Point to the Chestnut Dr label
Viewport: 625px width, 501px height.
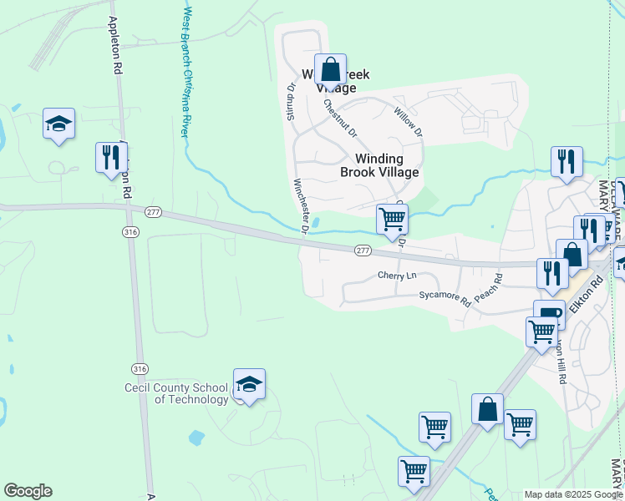(x=340, y=118)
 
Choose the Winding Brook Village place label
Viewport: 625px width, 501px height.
(x=379, y=165)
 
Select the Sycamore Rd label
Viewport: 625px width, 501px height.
(x=445, y=296)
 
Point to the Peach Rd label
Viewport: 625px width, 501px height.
(x=489, y=288)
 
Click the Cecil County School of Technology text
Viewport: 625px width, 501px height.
(x=175, y=393)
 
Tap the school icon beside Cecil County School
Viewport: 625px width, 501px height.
(x=249, y=384)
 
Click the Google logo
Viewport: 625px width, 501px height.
(x=28, y=491)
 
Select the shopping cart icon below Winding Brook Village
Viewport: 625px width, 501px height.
(x=392, y=219)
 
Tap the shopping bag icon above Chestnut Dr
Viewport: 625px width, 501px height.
(x=330, y=69)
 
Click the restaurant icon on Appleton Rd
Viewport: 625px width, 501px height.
(x=109, y=156)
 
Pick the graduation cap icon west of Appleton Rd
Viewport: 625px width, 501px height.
(x=59, y=124)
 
